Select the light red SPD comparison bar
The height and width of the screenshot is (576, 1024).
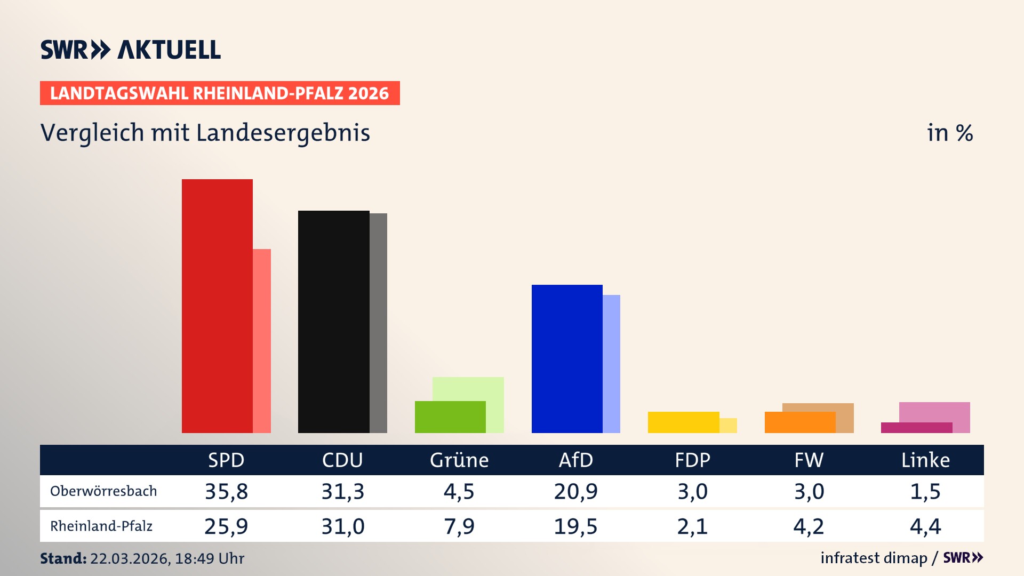pos(262,341)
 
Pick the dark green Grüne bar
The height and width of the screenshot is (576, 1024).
pos(450,417)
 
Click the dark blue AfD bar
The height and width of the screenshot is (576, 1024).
pos(567,358)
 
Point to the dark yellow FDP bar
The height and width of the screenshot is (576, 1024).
pos(683,422)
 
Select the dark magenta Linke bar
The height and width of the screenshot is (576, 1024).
pos(916,428)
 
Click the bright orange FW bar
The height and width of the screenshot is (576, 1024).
pos(800,422)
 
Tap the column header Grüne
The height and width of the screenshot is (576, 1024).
pos(459,460)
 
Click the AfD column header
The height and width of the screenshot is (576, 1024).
pos(575,460)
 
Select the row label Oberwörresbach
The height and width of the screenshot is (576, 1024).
pos(103,491)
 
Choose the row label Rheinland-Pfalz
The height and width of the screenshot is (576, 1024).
pos(101,526)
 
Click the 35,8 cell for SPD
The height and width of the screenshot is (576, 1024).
pos(227,491)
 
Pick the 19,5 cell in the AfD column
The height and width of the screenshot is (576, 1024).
pos(575,526)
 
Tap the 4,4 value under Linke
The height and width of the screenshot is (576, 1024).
pos(925,526)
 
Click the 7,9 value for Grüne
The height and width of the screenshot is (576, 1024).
pos(459,526)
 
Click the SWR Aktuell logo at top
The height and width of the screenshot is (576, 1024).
pos(131,50)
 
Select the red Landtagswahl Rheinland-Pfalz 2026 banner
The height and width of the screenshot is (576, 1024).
pos(220,93)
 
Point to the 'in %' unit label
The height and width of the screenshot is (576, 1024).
pos(950,133)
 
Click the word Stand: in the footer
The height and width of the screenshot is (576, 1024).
pos(63,558)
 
